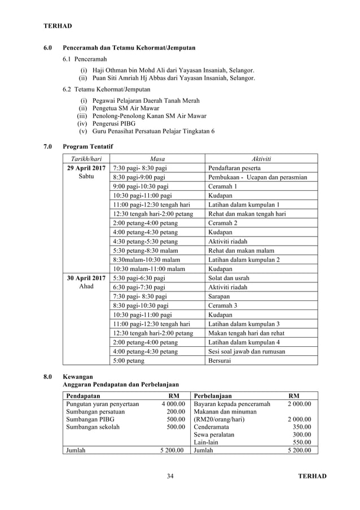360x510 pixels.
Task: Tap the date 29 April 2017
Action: (86, 168)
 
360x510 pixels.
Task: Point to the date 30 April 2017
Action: (86, 278)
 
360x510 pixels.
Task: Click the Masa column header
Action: (157, 159)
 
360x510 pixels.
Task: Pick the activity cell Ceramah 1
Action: (223, 186)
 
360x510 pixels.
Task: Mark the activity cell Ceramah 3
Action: (223, 305)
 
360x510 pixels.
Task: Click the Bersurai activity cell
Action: (219, 360)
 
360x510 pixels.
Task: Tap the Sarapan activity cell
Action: (220, 296)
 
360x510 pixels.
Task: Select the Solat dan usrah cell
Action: (229, 278)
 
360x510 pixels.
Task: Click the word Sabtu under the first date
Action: (86, 177)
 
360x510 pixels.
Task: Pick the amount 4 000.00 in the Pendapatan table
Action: (172, 404)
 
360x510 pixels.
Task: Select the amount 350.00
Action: (302, 428)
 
